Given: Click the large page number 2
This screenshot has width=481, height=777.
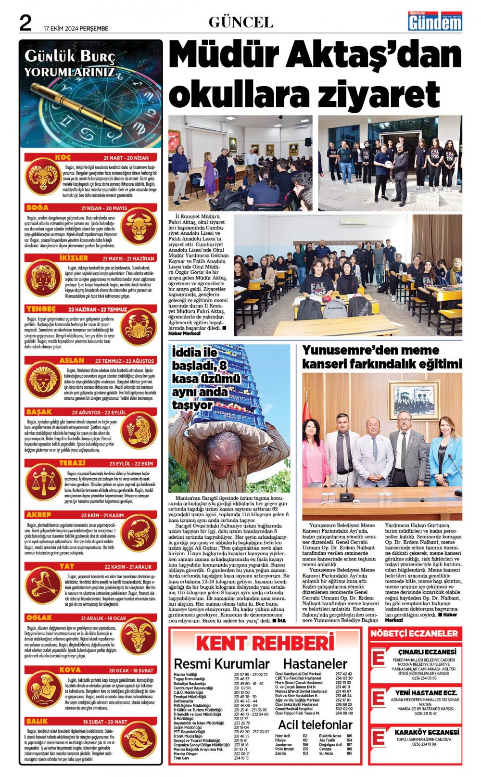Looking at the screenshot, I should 25,23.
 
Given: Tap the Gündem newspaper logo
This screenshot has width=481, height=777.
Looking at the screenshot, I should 435,22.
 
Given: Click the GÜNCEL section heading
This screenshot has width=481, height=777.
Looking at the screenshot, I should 241,22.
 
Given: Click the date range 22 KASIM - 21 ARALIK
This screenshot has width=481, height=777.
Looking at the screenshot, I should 127,567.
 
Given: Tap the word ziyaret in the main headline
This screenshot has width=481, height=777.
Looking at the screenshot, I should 373,93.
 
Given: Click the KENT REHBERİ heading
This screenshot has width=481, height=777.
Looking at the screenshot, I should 265,643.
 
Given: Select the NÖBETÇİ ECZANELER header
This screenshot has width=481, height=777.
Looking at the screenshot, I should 414,634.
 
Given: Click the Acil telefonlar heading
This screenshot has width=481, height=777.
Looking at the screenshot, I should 315,725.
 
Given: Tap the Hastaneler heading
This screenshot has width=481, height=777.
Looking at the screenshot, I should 315,664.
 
